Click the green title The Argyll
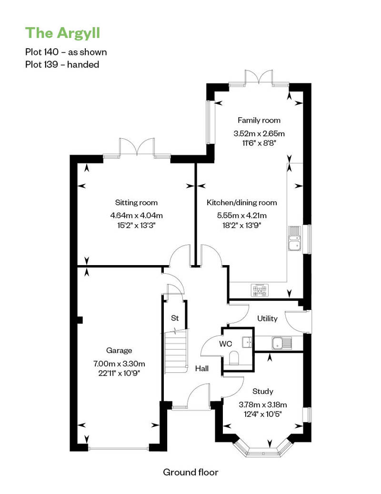click(62, 33)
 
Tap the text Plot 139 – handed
click(62, 64)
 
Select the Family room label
click(259, 120)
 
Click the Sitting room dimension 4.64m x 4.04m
click(136, 216)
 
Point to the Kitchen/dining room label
click(241, 203)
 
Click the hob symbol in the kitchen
click(260, 290)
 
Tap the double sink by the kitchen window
click(295, 238)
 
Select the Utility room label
click(267, 319)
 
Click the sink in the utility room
click(282, 343)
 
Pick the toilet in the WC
click(234, 358)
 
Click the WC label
click(226, 344)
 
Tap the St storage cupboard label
click(175, 318)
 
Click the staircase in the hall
click(176, 351)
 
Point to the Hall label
click(201, 368)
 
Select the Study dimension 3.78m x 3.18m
click(263, 404)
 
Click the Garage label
click(119, 350)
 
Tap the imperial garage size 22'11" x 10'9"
click(119, 373)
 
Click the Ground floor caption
click(190, 472)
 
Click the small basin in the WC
click(247, 342)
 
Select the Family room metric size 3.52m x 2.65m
click(259, 134)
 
